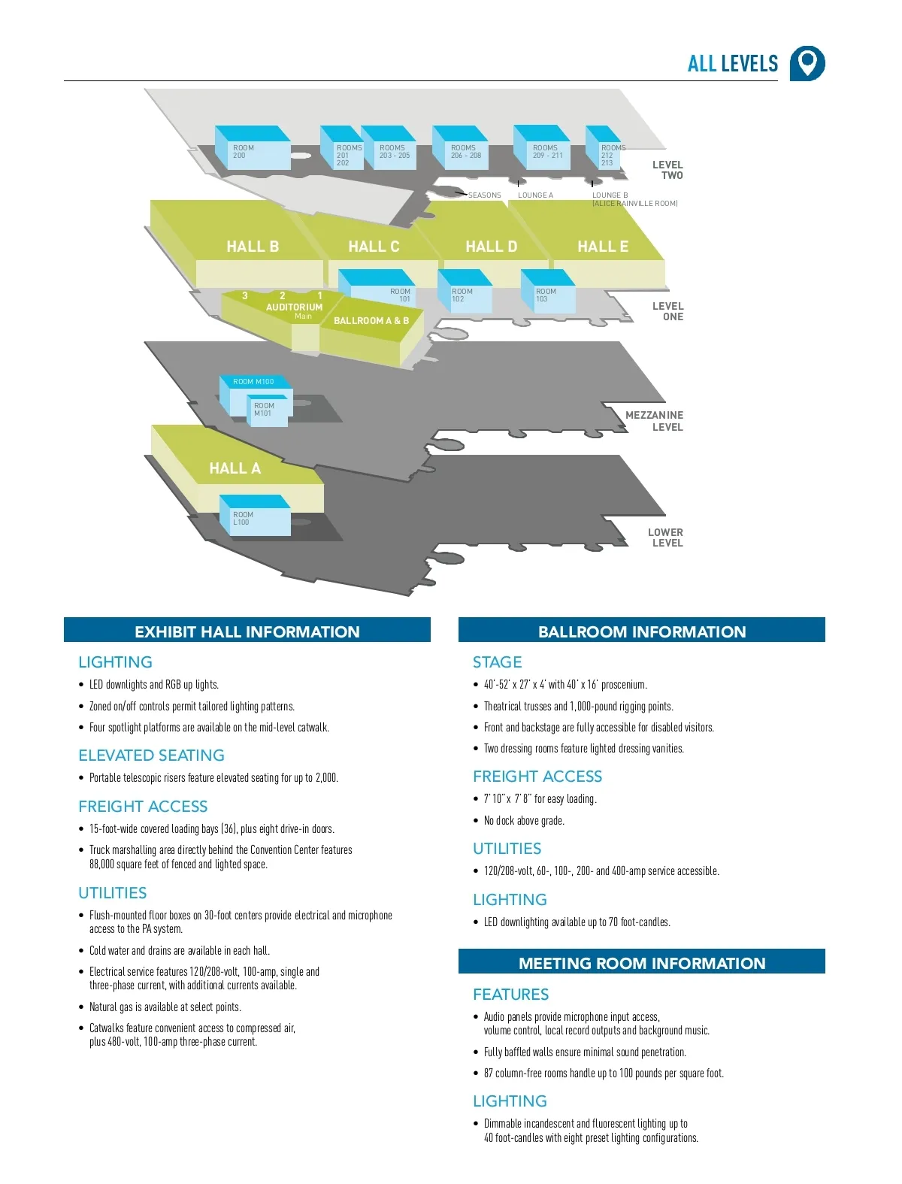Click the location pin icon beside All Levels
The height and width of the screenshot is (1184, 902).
point(807,63)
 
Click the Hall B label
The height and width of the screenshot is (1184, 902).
point(253,247)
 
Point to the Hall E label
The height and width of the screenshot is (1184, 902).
point(603,247)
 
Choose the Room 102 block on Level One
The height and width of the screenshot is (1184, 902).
point(465,296)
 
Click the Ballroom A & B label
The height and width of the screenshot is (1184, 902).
point(371,321)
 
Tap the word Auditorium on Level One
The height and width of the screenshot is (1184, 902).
point(294,307)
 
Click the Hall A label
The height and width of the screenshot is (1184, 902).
point(235,468)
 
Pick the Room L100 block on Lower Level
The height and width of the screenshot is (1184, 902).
point(254,518)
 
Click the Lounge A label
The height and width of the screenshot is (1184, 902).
point(535,195)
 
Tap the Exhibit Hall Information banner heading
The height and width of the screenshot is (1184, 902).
point(247,632)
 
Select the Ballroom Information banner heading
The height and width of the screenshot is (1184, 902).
point(641,632)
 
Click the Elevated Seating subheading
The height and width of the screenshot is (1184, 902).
point(151,756)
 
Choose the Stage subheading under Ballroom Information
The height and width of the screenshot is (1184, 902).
point(497,662)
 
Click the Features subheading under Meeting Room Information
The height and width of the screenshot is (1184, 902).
point(510,995)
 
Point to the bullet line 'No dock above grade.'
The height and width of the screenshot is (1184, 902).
point(524,821)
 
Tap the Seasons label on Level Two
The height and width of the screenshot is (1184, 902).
point(484,195)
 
